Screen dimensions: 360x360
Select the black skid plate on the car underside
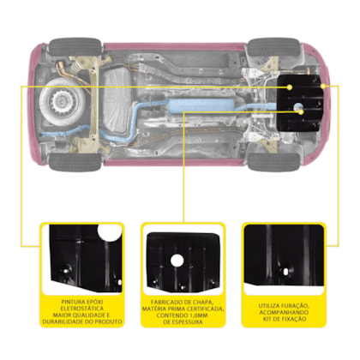point(301,103)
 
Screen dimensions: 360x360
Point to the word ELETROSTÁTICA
point(82,309)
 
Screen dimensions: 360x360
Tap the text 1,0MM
point(198,315)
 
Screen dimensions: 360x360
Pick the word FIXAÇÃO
point(294,319)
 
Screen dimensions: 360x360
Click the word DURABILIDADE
point(61,322)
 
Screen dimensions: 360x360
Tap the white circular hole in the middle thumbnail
point(177,261)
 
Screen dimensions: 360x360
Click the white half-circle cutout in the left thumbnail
point(109,232)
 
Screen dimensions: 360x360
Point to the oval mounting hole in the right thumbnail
point(285,271)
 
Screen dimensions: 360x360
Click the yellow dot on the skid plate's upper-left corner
point(290,87)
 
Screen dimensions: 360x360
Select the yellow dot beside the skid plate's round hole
point(301,112)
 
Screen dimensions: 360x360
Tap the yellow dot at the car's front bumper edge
point(323,86)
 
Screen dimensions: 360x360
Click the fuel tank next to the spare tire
point(117,101)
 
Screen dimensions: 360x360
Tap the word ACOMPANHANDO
point(284,312)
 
